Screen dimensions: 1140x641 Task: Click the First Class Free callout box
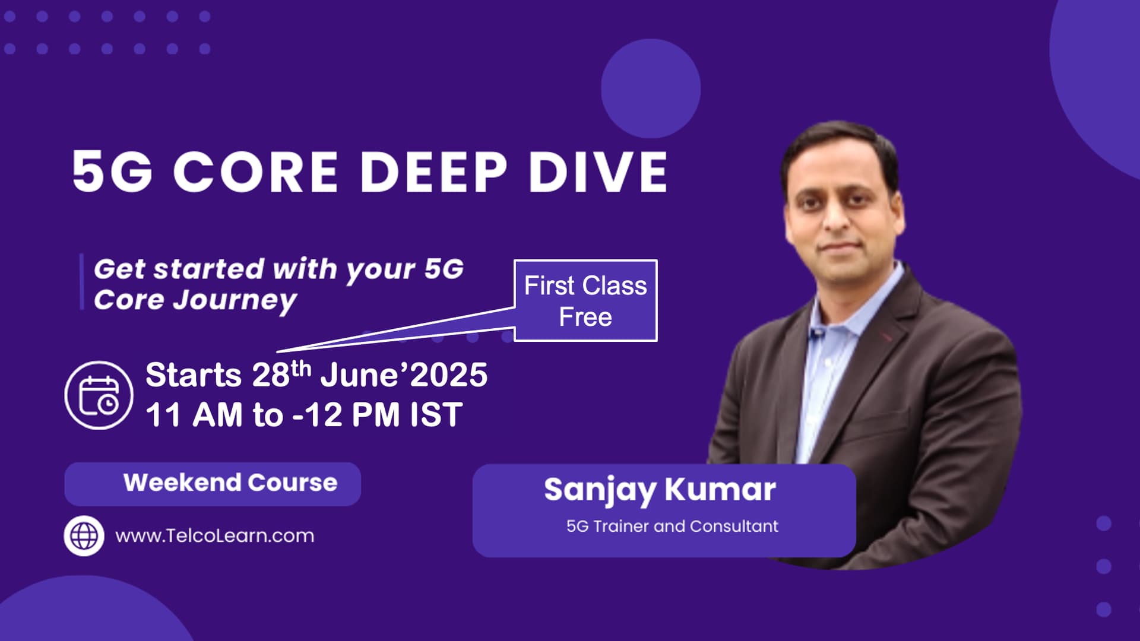click(585, 300)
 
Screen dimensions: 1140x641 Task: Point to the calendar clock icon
click(99, 395)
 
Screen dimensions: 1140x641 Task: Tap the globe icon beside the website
click(84, 536)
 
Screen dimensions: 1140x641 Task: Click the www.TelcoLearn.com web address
click(214, 536)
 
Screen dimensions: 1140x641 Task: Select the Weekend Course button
click(213, 484)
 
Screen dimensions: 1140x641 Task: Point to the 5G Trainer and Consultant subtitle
click(672, 526)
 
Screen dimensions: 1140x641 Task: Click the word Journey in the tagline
click(235, 301)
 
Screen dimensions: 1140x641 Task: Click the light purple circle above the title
click(651, 88)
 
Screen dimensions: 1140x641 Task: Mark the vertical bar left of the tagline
click(82, 282)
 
